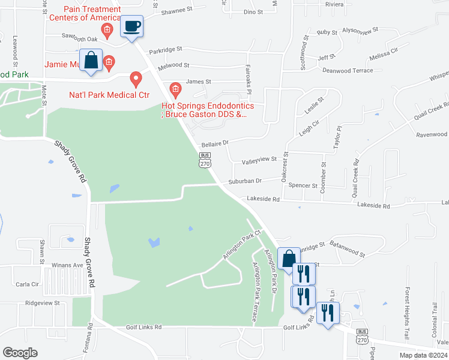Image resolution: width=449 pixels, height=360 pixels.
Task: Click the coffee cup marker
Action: (131, 27)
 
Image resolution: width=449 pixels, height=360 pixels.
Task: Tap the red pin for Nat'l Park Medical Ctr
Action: (136, 79)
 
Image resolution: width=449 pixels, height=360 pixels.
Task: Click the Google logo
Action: (20, 353)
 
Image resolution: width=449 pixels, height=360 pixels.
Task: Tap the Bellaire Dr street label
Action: (215, 143)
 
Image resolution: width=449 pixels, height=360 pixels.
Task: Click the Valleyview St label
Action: (259, 160)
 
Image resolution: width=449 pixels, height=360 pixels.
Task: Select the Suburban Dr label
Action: (245, 181)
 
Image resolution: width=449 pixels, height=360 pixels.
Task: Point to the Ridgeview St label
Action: (42, 304)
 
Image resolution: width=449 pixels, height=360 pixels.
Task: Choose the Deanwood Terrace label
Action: (348, 71)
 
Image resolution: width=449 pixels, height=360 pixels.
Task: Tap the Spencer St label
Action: (303, 185)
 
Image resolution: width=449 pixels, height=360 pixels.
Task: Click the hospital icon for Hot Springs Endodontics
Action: (175, 90)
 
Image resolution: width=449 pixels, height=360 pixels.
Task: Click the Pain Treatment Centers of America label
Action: (92, 14)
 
